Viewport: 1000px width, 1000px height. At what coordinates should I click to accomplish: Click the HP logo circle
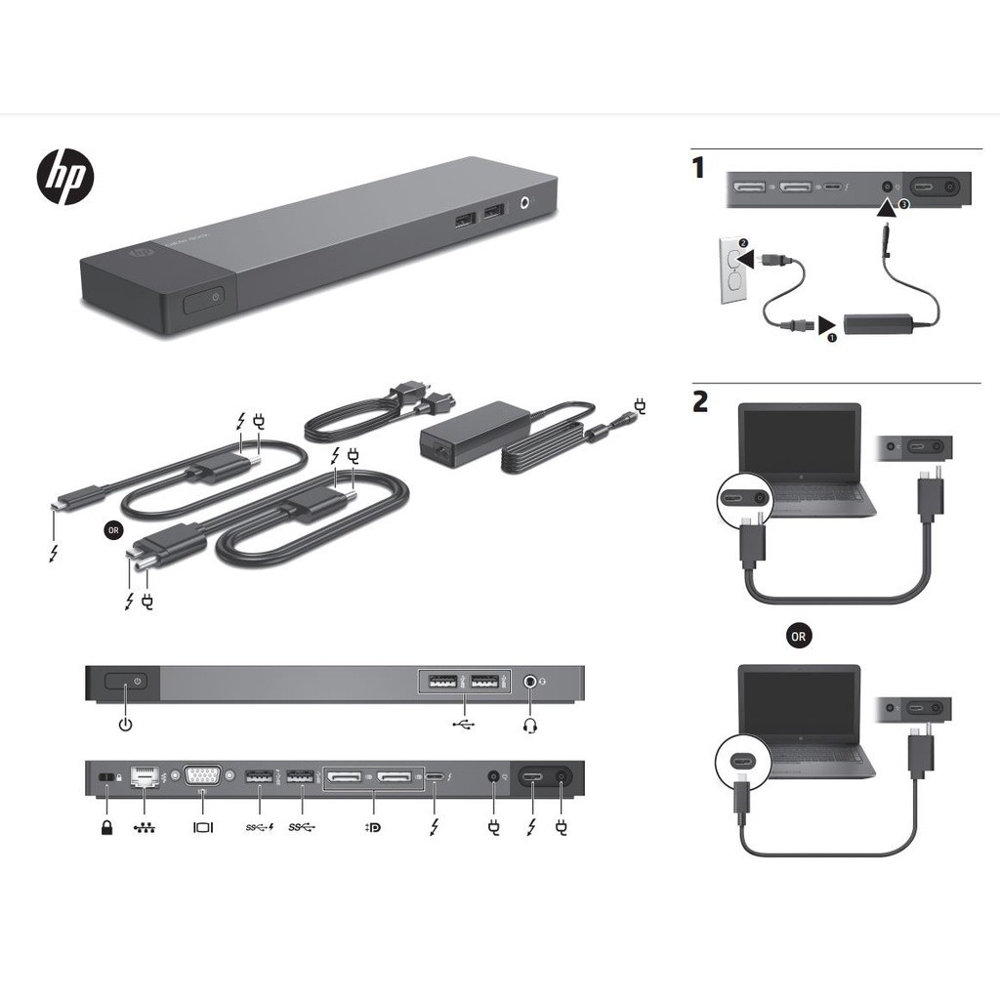[65, 178]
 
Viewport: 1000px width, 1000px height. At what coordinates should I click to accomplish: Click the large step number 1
[698, 168]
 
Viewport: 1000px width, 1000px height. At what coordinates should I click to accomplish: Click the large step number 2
[700, 401]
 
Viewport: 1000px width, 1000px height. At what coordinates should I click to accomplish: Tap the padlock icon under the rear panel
[106, 827]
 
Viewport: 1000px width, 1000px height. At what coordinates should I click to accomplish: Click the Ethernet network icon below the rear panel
[144, 827]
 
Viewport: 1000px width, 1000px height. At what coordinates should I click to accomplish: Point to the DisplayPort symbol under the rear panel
[373, 827]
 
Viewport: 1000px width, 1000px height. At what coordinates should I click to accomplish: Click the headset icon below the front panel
[531, 726]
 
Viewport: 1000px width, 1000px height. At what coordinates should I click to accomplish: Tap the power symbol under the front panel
[124, 725]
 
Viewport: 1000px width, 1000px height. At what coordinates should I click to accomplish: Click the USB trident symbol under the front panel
[465, 725]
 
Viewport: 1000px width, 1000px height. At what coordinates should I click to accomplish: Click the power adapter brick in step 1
[876, 322]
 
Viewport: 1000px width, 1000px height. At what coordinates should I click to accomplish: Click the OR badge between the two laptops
[799, 636]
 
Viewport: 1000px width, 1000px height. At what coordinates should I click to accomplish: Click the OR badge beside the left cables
[113, 530]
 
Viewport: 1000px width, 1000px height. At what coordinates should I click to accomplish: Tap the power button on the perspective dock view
[204, 298]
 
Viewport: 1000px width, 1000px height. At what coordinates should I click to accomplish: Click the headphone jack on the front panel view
[530, 682]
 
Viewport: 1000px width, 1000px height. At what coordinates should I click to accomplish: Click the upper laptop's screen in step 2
[801, 440]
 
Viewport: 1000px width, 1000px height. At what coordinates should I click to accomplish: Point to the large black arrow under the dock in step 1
[886, 208]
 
